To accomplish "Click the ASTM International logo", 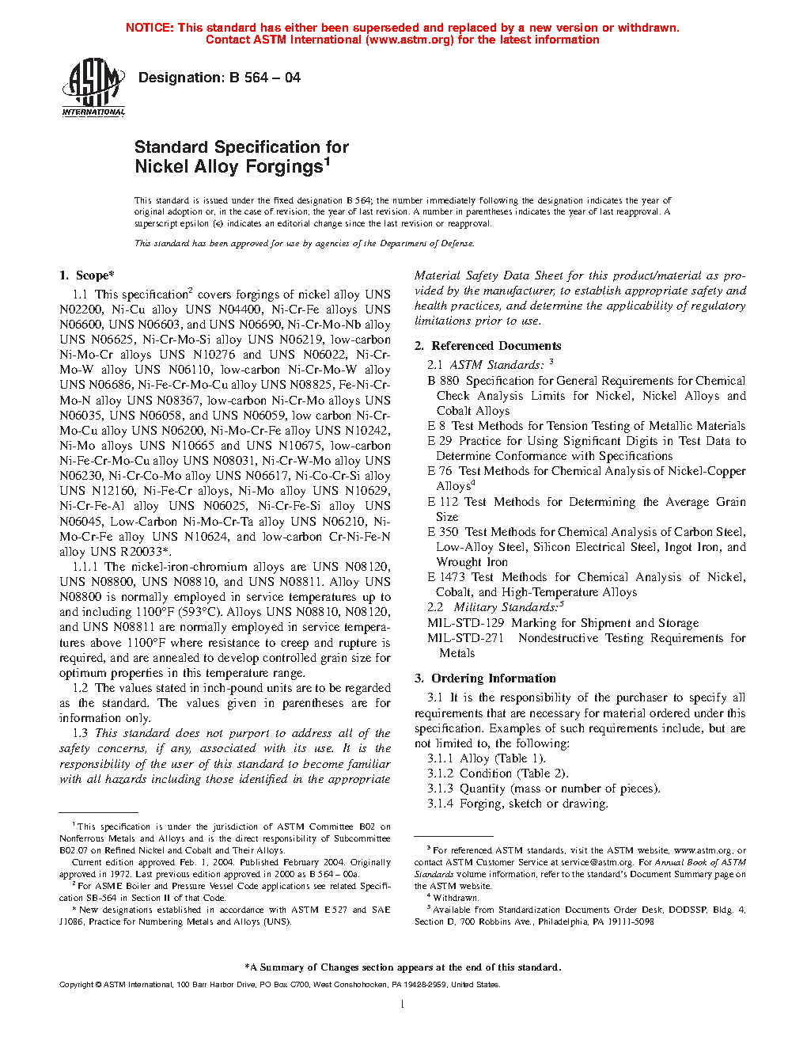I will coord(93,89).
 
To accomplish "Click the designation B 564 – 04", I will coord(219,78).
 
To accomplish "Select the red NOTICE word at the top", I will coord(150,28).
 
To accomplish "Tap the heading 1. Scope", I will coord(87,275).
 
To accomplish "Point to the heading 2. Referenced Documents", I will coord(488,346).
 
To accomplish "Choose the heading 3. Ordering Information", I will coord(485,678).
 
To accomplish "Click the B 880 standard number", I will coord(443,381).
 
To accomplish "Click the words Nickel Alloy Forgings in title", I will coord(229,167).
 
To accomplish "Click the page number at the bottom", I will coord(403,1005).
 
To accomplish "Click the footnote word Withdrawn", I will coord(456,898).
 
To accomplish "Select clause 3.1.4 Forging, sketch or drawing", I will coord(517,804).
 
